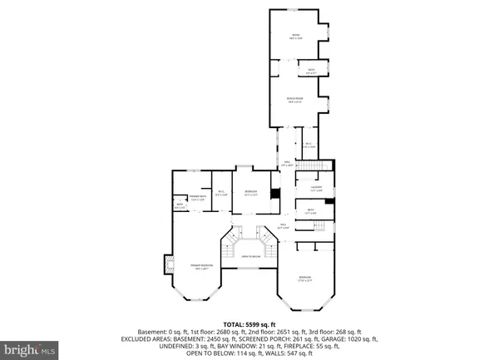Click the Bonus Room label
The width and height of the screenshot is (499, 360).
tap(294, 99)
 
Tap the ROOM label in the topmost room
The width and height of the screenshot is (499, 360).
tap(294, 34)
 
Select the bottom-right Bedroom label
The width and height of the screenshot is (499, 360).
tap(306, 278)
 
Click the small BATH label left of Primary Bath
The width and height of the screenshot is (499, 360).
tap(179, 205)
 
